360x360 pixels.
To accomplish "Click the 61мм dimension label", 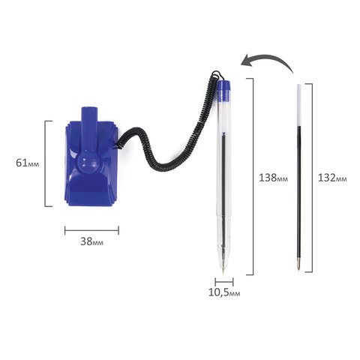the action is click(x=28, y=163).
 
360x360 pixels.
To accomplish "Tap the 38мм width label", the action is click(x=91, y=241).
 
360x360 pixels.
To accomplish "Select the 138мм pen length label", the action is click(x=273, y=178).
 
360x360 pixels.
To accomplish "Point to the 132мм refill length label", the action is click(x=332, y=178).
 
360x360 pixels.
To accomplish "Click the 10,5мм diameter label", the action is click(x=224, y=292).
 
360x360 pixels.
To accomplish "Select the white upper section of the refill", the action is click(x=298, y=105).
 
